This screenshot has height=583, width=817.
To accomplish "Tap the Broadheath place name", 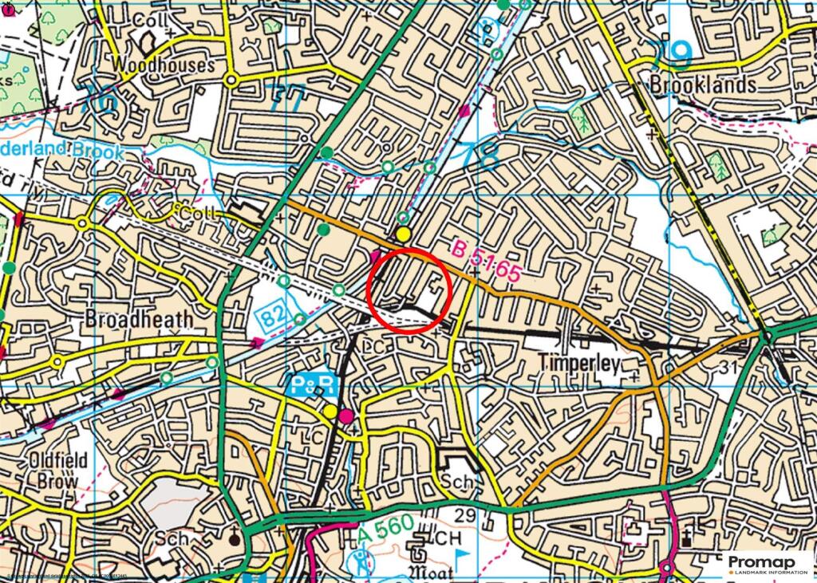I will tap(139, 319).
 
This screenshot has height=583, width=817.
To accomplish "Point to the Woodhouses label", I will tap(163, 65).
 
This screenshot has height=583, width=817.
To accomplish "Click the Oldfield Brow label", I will tap(57, 471).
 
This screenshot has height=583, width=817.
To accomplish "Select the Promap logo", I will tap(769, 565).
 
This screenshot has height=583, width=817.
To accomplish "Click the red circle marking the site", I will tap(410, 290).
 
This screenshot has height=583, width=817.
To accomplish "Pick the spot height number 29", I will tap(465, 517).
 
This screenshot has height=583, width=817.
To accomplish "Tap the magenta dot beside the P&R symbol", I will tap(345, 416).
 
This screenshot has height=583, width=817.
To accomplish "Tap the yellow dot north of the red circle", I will tap(404, 234).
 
